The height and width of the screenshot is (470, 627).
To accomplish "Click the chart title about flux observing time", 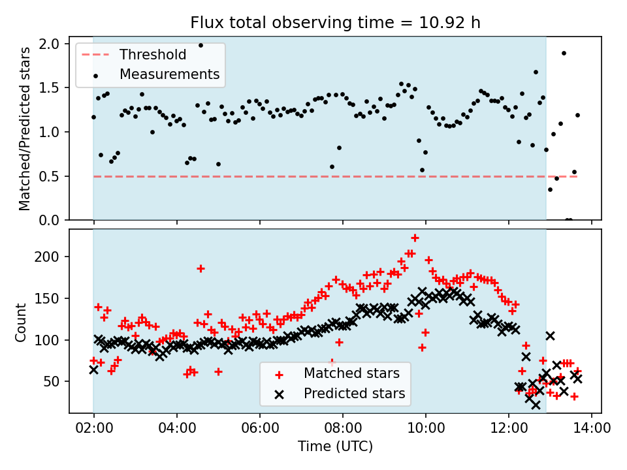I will click(x=335, y=22).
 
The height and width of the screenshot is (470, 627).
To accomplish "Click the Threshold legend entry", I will click(x=152, y=55).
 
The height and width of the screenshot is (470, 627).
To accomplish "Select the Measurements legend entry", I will click(x=169, y=74).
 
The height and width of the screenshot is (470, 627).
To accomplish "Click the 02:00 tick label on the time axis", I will click(x=93, y=429).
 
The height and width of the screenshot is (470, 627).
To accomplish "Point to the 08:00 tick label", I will click(x=342, y=429).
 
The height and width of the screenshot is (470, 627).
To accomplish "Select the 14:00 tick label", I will click(x=591, y=429).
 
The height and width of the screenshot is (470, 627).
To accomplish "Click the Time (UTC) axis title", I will click(x=335, y=447).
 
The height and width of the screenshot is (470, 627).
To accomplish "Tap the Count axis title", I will click(x=22, y=322).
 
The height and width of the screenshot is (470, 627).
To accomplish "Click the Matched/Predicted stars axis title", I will click(x=25, y=129).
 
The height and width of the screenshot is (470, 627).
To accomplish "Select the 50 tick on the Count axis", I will click(x=52, y=381).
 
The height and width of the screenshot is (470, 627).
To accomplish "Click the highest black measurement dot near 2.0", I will click(x=201, y=46).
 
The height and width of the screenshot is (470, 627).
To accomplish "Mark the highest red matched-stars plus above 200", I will click(x=415, y=238).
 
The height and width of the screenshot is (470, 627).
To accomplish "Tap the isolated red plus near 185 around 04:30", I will click(x=201, y=268).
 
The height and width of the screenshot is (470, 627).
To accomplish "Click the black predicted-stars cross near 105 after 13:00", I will click(x=551, y=336).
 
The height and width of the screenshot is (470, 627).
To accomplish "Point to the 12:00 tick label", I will click(x=508, y=429).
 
